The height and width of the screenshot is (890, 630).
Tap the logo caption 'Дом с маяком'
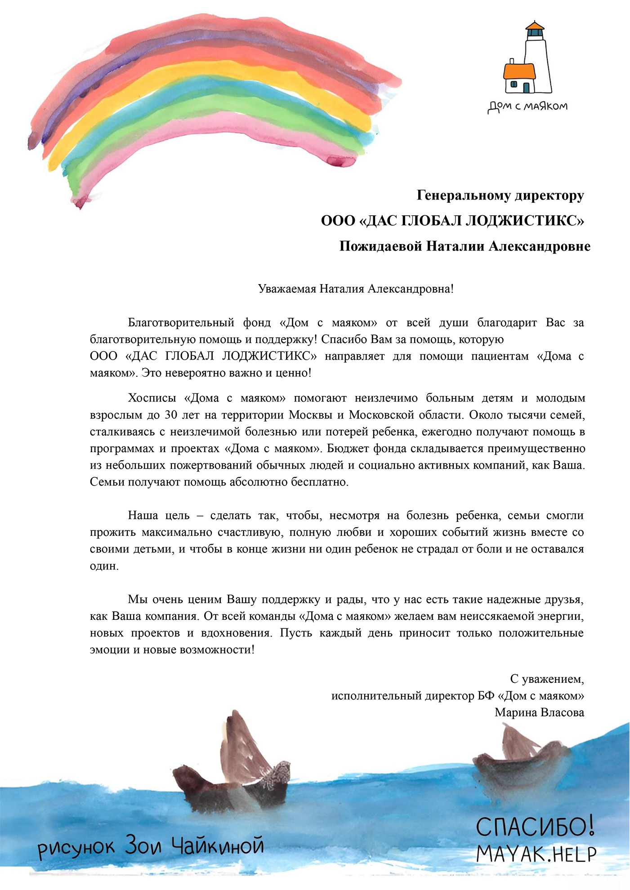click(x=527, y=107)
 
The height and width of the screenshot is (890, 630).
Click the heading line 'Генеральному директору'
click(x=500, y=196)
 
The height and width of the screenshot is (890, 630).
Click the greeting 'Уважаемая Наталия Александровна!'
click(x=356, y=289)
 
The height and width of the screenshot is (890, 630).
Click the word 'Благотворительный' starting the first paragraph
click(x=181, y=323)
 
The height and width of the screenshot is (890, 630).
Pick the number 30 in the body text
click(x=170, y=415)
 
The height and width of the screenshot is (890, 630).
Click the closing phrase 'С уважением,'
click(x=547, y=679)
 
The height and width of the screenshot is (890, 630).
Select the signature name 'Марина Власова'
click(x=539, y=712)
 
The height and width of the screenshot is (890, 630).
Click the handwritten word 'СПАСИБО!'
click(x=535, y=827)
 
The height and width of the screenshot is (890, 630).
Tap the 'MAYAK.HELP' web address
click(x=536, y=854)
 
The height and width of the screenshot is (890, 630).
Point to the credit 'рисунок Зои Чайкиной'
click(x=151, y=847)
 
